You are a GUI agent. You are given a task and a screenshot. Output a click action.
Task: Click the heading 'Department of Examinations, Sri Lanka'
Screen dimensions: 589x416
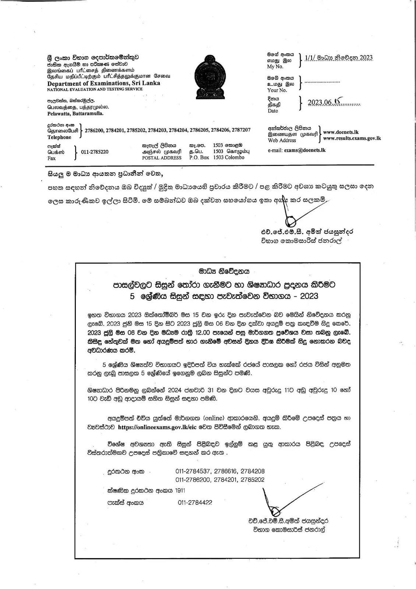[x=103, y=83]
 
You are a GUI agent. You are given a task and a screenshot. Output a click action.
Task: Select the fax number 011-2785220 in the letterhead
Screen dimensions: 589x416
[x=95, y=152]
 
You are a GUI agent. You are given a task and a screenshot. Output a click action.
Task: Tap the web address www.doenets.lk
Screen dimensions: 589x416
[x=341, y=132]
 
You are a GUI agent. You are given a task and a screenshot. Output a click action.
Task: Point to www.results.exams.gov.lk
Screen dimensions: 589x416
[x=352, y=138]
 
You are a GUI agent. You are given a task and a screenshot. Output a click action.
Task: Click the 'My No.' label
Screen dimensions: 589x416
[x=275, y=67]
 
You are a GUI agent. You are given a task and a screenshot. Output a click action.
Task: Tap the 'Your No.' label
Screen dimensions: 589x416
[x=277, y=90]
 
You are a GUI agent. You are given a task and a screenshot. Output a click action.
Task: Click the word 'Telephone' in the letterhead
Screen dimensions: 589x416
[x=59, y=137]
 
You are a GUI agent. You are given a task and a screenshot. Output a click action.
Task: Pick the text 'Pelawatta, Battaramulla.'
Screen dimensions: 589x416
[x=75, y=114]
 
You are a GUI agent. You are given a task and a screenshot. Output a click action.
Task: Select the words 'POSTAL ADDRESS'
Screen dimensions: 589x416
[x=162, y=158]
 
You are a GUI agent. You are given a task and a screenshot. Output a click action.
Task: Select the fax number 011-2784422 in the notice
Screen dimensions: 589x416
[x=195, y=502]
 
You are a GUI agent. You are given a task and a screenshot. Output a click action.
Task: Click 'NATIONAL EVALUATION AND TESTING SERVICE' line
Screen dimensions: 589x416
[x=95, y=89]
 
